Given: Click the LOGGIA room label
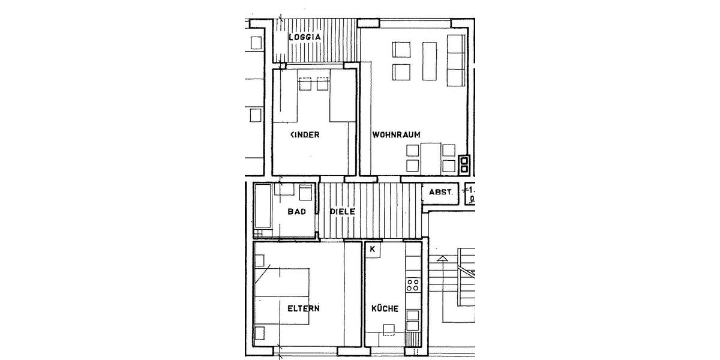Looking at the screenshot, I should click(305, 37).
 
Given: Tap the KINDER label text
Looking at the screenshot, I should click(305, 135).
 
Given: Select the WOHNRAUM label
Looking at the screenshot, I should click(395, 135).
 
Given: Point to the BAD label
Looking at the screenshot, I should click(297, 211).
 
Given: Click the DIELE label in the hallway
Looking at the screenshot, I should click(343, 211).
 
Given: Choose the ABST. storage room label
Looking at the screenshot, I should click(441, 193).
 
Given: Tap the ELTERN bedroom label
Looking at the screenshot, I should click(303, 309).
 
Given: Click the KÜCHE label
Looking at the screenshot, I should click(385, 309).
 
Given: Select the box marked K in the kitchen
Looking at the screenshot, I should click(373, 249).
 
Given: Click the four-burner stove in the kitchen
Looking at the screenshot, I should click(413, 284).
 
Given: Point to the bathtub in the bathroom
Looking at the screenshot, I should click(263, 210).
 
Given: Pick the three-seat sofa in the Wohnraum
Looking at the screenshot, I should click(456, 60).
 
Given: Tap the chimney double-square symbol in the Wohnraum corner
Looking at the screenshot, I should click(463, 164).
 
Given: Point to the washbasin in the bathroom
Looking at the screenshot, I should click(305, 192).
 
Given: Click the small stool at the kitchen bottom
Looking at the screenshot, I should click(389, 328).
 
